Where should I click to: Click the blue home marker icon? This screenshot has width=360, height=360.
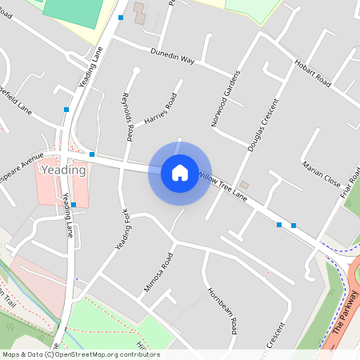point(179,172)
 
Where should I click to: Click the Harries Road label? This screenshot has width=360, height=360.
point(160,111)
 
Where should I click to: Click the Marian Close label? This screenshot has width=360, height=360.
point(321,172)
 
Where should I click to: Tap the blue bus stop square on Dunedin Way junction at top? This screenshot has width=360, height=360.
point(121,17)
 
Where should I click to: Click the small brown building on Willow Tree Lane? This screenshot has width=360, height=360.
point(244,186)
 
